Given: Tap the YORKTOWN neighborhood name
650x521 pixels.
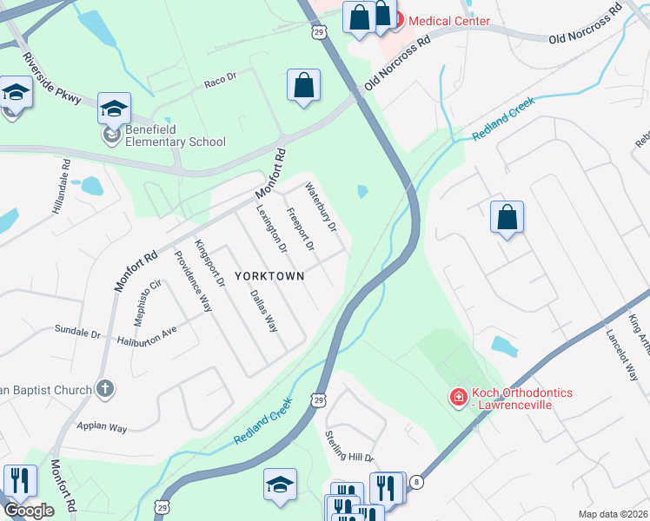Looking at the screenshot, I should tap(269, 276).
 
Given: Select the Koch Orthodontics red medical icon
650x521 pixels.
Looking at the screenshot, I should tap(457, 397).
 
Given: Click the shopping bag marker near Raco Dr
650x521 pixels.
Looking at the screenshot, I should tap(303, 87).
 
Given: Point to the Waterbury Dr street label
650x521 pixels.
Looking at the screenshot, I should tap(320, 208).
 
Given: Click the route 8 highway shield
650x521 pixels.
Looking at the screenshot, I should tap(416, 482).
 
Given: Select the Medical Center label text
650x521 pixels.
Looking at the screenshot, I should tap(449, 21).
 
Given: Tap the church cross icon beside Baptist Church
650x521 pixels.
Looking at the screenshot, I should tap(104, 389).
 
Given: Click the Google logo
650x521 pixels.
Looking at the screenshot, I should tap(28, 511).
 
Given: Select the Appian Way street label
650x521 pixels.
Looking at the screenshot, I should tap(102, 427).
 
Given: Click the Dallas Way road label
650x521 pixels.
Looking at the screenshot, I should tap(264, 311).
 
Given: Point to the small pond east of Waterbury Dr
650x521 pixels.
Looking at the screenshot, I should tap(362, 191).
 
